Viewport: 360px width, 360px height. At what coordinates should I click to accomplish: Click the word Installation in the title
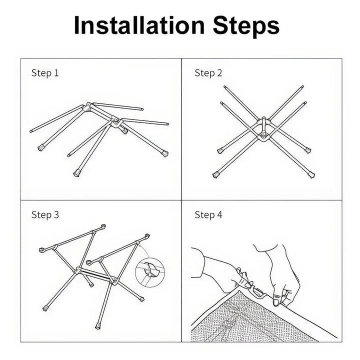(139, 25)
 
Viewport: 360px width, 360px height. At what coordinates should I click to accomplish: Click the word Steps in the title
(246, 27)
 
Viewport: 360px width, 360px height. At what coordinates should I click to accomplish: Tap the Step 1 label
(45, 73)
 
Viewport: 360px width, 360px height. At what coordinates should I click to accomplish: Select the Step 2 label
(208, 73)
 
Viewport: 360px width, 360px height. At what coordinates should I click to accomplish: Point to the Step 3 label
(45, 215)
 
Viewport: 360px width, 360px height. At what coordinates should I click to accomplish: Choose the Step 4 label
(208, 215)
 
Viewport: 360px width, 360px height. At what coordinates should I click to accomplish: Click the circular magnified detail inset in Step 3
(149, 272)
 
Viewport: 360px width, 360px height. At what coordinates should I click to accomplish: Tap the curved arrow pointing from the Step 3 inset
(145, 251)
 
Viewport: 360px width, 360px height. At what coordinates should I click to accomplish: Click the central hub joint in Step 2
(264, 128)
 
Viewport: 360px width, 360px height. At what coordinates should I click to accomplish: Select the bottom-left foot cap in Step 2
(216, 175)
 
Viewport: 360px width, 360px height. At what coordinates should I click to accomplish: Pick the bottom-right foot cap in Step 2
(311, 175)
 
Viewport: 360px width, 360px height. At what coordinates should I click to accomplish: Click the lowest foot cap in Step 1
(76, 173)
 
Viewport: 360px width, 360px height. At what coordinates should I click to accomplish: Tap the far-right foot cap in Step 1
(165, 153)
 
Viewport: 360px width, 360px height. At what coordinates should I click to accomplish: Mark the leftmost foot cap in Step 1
(40, 147)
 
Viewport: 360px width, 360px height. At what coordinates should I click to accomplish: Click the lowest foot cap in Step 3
(98, 326)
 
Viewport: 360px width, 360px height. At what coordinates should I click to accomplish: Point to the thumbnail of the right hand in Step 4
(276, 301)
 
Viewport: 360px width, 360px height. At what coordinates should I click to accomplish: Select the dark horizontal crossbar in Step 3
(95, 274)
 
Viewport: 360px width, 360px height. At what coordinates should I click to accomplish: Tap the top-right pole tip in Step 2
(302, 87)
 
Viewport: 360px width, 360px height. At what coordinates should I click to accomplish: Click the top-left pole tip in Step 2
(225, 87)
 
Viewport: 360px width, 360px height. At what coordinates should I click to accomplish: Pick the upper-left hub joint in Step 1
(87, 107)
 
